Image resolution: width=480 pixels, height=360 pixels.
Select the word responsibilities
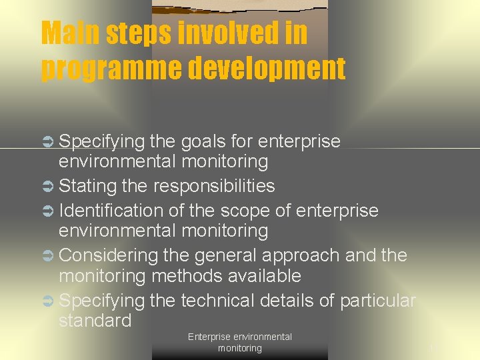point(214,186)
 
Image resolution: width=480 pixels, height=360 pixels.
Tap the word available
point(265,276)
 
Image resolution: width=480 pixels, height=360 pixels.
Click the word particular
point(377,301)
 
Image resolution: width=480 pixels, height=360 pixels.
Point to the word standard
point(95,321)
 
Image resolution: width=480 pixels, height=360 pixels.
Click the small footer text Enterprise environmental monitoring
point(240,342)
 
